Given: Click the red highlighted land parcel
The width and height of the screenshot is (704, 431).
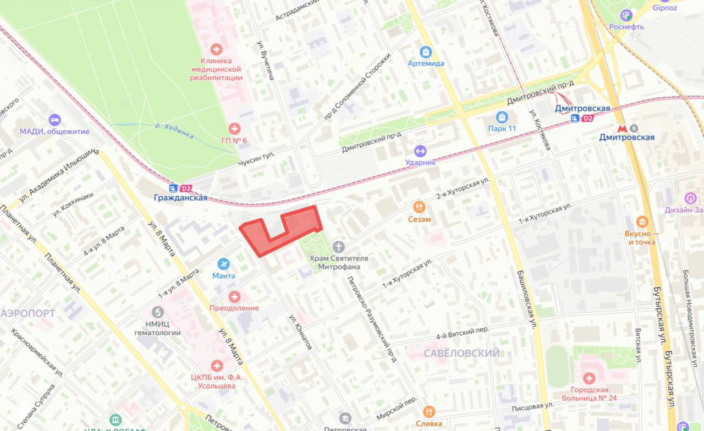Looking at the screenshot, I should (x=297, y=225).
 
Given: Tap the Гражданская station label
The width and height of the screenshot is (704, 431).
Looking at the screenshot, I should (x=181, y=198).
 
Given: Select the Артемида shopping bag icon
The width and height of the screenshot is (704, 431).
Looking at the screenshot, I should (x=426, y=52).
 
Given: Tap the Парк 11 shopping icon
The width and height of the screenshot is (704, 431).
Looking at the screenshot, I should (x=502, y=117).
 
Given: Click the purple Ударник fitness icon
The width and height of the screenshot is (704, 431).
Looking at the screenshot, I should (x=420, y=151).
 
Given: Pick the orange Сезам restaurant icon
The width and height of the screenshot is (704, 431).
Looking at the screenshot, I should (x=420, y=207).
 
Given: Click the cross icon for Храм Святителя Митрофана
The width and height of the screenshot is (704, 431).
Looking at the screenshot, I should (x=339, y=247).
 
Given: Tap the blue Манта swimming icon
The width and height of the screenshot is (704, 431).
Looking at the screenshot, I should (x=223, y=264).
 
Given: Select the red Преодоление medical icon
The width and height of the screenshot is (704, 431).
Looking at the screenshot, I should (x=234, y=297).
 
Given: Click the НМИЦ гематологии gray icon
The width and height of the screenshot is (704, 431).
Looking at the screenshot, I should (x=158, y=312).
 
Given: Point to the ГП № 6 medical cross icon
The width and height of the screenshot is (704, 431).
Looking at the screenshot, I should (x=234, y=129).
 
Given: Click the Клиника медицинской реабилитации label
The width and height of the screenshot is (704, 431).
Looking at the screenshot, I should (x=216, y=69).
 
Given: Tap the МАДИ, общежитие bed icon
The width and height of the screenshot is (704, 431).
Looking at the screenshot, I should (x=54, y=120).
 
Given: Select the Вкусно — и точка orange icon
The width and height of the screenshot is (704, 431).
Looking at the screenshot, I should (x=642, y=222).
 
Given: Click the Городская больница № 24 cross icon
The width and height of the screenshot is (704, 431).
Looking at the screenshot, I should (x=589, y=378).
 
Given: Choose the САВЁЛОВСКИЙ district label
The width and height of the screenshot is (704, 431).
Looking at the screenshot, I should (x=461, y=353).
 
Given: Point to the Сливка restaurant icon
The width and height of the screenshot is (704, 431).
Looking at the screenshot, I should (x=429, y=412).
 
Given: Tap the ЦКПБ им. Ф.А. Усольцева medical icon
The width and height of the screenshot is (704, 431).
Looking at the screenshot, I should (x=217, y=366).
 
